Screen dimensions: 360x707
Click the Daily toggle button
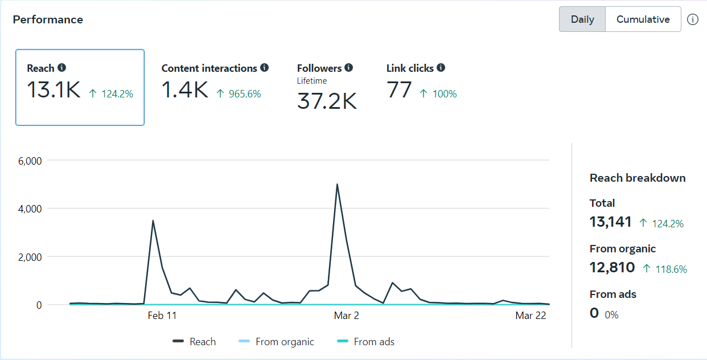pyautogui.click(x=582, y=19)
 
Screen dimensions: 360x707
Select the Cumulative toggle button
pyautogui.click(x=643, y=19)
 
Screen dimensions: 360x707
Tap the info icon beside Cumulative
pyautogui.click(x=692, y=19)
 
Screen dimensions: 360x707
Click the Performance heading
pyautogui.click(x=48, y=19)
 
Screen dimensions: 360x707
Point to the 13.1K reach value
pyautogui.click(x=54, y=90)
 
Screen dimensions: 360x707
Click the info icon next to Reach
pyautogui.click(x=62, y=68)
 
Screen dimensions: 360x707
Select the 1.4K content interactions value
pyautogui.click(x=185, y=90)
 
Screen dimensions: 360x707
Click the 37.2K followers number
pyautogui.click(x=327, y=101)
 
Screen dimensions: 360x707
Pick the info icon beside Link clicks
pyautogui.click(x=441, y=68)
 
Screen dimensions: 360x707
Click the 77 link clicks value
pyautogui.click(x=399, y=90)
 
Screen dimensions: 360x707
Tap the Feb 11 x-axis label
pyautogui.click(x=162, y=316)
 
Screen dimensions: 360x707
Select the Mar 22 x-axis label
pyautogui.click(x=531, y=316)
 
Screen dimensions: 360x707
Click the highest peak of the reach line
pyautogui.click(x=337, y=184)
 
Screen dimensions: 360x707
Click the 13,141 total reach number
pyautogui.click(x=611, y=222)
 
